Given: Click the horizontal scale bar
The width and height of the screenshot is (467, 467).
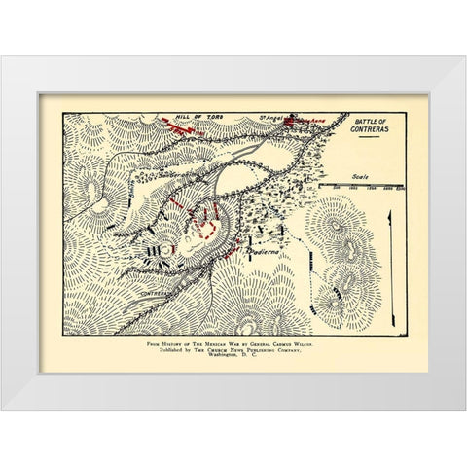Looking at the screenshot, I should click(366, 184).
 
